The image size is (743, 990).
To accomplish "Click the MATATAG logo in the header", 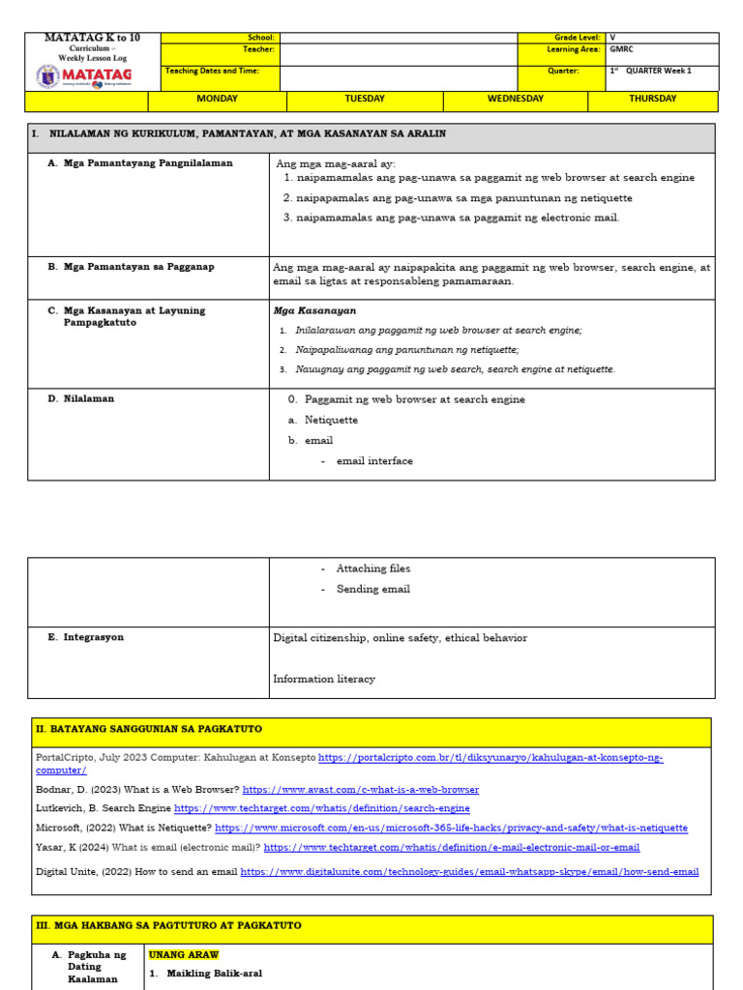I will pos(84,75).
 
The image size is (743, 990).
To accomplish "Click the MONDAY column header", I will pos(217,100).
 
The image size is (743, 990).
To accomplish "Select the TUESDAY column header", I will pos(365,100).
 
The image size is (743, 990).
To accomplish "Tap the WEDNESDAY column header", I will pos(515,100).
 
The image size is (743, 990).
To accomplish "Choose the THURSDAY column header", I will pos(652,100).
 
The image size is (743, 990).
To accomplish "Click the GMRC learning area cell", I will pos(622,49).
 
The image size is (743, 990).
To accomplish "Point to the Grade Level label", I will pos(578,38).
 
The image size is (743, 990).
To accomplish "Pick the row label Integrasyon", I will pos(93,638).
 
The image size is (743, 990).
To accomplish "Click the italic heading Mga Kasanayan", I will pos(314,311).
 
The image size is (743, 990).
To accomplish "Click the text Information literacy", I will pos(324,679).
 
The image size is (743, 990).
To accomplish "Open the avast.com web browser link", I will pos(360,790).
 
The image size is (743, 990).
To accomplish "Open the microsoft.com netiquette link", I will pos(451,829).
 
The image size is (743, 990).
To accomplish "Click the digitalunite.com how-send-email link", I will pos(469,872).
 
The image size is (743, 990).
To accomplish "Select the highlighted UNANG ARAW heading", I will pos(184,954).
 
